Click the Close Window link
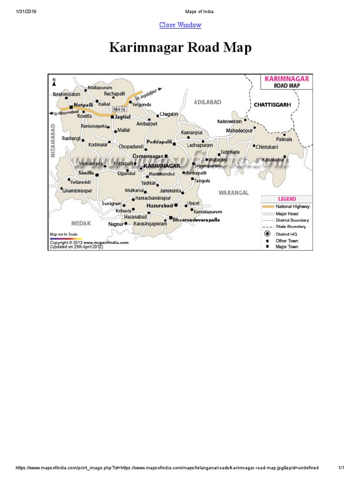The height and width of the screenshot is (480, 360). click(x=180, y=25)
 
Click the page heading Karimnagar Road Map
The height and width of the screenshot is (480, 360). click(x=180, y=48)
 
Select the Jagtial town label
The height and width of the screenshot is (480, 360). click(x=122, y=116)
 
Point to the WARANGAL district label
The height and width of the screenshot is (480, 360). click(x=233, y=192)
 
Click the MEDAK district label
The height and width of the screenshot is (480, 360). click(x=81, y=223)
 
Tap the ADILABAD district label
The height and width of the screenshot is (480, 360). click(x=207, y=102)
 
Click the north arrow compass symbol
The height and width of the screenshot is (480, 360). click(x=54, y=82)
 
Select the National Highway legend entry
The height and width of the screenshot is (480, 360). click(x=292, y=206)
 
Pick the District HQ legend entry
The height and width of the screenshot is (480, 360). click(x=286, y=234)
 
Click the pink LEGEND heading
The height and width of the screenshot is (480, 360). click(x=287, y=199)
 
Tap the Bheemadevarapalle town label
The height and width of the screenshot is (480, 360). click(x=196, y=219)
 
